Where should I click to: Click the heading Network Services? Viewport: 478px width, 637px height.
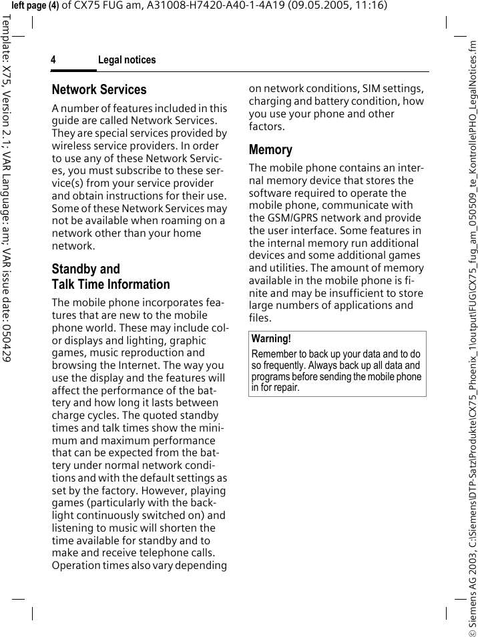pyautogui.click(x=99, y=89)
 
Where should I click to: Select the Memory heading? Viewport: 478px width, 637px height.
pyautogui.click(x=270, y=149)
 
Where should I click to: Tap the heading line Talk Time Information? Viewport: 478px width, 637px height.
pyautogui.click(x=111, y=284)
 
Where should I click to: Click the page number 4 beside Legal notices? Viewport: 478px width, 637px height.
pyautogui.click(x=53, y=60)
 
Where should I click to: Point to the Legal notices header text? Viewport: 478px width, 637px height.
pyautogui.click(x=127, y=60)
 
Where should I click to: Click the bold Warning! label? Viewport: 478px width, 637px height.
pyautogui.click(x=271, y=339)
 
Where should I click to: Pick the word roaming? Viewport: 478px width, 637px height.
pyautogui.click(x=190, y=221)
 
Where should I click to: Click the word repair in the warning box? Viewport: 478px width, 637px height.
pyautogui.click(x=284, y=388)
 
